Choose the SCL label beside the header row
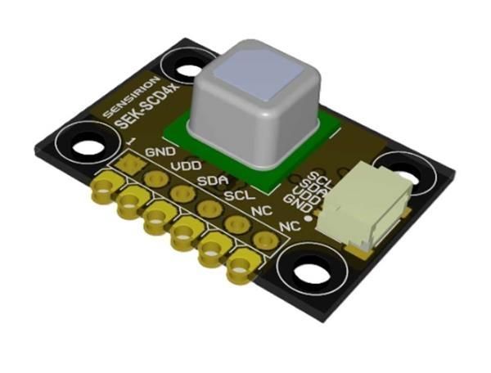(238, 196)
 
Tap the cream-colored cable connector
(360, 209)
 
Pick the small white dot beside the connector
(308, 218)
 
